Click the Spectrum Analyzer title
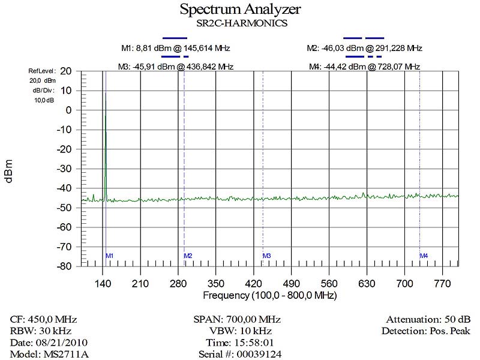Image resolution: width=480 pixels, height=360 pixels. coord(240,10)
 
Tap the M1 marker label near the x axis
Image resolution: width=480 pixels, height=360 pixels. coord(110,256)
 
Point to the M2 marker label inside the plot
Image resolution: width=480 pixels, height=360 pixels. coord(188,256)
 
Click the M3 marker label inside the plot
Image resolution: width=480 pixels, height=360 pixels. coord(267,256)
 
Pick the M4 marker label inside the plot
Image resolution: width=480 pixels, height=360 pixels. coord(424,256)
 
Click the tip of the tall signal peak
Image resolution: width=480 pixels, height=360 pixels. coord(106,92)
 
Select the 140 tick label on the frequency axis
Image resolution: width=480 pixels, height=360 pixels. coord(103,283)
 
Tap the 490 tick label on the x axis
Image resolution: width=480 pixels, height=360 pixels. coord(292,283)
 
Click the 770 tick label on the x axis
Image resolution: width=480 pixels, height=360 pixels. coord(443,283)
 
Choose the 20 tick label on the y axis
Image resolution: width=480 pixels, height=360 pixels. coord(67,71)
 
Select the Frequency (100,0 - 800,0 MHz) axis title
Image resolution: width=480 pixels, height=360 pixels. coord(269,296)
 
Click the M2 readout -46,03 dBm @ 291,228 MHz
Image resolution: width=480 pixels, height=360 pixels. coord(364,48)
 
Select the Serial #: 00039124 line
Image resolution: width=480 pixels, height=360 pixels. coord(239,354)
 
